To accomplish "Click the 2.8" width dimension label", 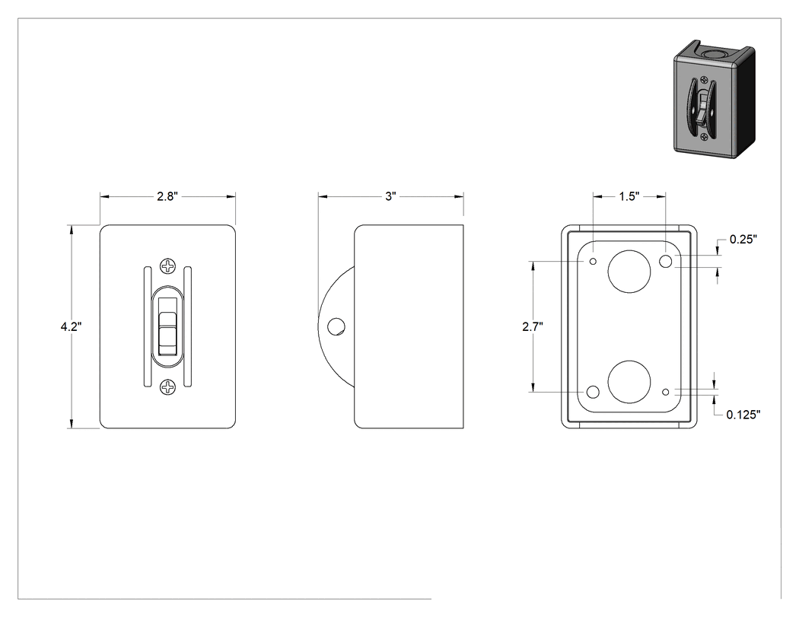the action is point(167,196).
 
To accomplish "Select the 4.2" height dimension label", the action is point(71,326).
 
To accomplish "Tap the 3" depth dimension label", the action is point(391,196).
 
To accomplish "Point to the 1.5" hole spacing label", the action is point(629,196).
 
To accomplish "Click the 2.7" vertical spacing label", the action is point(533,326).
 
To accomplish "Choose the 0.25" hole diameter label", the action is point(743,239).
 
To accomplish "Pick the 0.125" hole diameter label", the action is point(743,414).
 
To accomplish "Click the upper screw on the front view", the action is point(167,266).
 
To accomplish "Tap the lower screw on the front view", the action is point(167,388).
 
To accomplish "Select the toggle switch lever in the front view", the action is point(167,326).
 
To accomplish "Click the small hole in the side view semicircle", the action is point(336,326).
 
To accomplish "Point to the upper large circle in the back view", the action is point(629,272).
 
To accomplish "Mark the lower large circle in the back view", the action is point(629,382).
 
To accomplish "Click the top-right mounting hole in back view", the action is point(666,262).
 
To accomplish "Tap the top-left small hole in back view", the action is point(593,262).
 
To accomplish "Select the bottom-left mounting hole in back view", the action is point(593,392).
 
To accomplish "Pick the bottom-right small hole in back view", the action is point(666,392).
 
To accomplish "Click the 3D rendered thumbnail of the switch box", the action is point(714,100).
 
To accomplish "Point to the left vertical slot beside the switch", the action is point(147,326).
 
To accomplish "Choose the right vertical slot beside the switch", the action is point(187,326).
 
